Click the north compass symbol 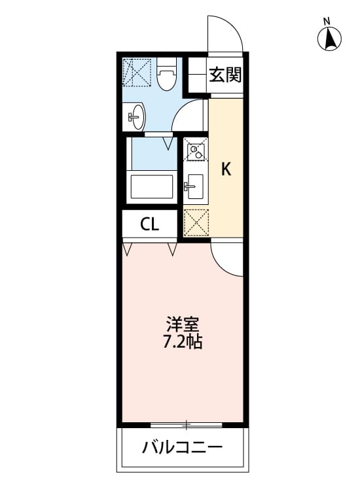click(331, 40)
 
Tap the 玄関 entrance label click(225, 75)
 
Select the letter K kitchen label click(226, 169)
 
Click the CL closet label click(150, 225)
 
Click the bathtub click(152, 187)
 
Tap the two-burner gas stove click(194, 151)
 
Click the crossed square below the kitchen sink click(196, 221)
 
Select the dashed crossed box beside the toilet click(138, 71)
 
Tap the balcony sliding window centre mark click(187, 426)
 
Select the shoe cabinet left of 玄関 click(194, 75)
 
